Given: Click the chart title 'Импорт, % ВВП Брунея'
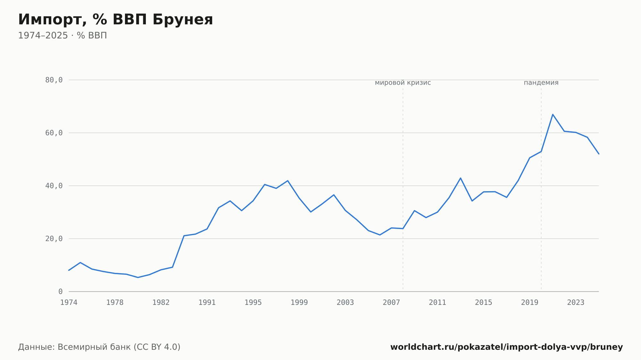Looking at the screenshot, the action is (115, 20).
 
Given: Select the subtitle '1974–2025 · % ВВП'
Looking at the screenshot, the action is (62, 36).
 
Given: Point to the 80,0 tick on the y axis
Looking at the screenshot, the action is (54, 80).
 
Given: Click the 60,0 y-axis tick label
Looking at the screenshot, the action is (54, 133).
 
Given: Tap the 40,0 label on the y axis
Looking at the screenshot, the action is (54, 186).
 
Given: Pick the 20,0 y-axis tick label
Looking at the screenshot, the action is (54, 239).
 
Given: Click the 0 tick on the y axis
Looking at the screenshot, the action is (61, 291).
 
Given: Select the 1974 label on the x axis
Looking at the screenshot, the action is (69, 303).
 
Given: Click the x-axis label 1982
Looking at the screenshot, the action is (161, 303).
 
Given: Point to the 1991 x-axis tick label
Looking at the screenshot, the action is (207, 303).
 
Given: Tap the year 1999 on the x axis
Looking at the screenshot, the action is (299, 303).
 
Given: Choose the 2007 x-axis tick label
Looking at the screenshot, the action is (391, 303).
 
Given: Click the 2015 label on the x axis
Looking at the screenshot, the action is (483, 303).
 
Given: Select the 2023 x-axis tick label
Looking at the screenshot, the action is (576, 303).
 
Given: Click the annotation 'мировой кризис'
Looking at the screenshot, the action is (403, 83).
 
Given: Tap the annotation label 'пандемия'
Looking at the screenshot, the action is (541, 83).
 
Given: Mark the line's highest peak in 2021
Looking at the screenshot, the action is (553, 114).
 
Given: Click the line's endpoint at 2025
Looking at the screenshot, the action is (599, 154).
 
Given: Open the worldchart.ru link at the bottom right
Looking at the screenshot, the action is (506, 347).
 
